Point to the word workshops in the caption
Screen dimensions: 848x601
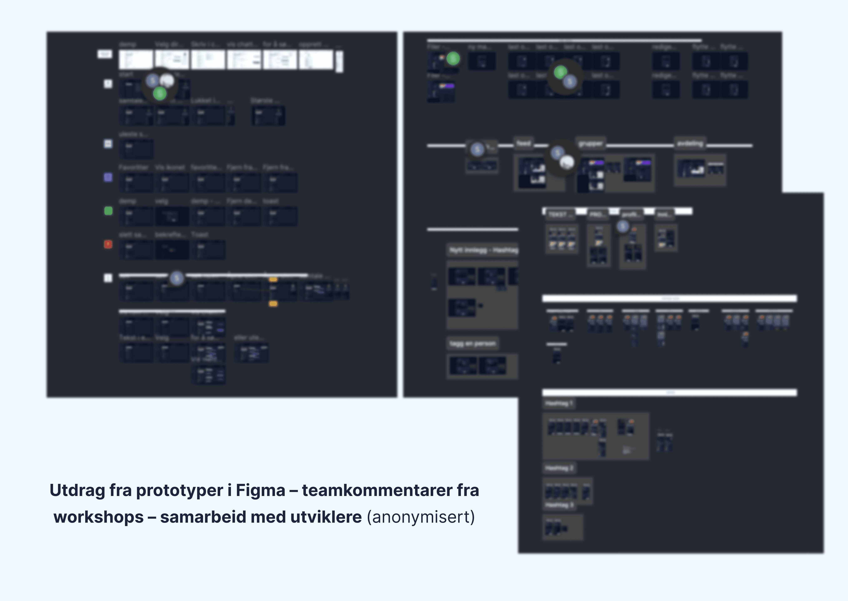pyautogui.click(x=98, y=517)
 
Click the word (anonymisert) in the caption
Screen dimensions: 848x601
pyautogui.click(x=420, y=517)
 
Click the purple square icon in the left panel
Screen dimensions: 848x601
pyautogui.click(x=108, y=177)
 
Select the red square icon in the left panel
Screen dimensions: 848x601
pyautogui.click(x=108, y=244)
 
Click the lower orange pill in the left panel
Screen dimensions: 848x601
pyautogui.click(x=273, y=304)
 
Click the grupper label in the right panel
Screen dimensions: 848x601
pyautogui.click(x=591, y=143)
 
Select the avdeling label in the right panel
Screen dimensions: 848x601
pyautogui.click(x=690, y=143)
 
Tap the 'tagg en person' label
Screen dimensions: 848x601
pyautogui.click(x=472, y=343)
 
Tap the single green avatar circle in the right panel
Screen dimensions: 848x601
pyautogui.click(x=453, y=59)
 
